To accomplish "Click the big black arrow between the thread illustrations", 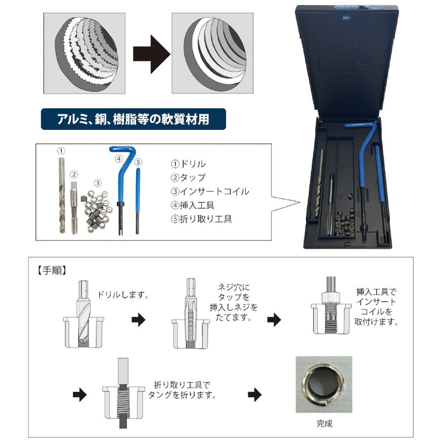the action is click(x=151, y=54).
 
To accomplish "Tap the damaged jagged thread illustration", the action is click(x=84, y=53).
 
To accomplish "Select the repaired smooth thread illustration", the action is click(x=213, y=53).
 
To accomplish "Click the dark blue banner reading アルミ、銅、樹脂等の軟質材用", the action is click(x=133, y=119).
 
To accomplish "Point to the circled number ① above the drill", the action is click(x=61, y=151).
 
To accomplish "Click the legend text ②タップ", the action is click(x=188, y=178).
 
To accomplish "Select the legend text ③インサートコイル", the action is click(x=210, y=191).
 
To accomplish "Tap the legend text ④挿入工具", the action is click(x=193, y=205).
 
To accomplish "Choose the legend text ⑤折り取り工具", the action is click(x=201, y=219).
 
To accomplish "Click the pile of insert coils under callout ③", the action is click(x=97, y=208).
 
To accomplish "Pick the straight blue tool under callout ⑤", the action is click(x=138, y=200).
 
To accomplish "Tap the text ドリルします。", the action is click(x=123, y=295).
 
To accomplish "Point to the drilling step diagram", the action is click(x=84, y=314).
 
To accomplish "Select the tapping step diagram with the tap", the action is click(x=191, y=313).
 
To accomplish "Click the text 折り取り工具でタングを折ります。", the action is click(x=183, y=390).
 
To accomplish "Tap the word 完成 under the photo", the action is click(x=324, y=423).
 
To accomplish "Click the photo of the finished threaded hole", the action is click(x=324, y=385).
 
